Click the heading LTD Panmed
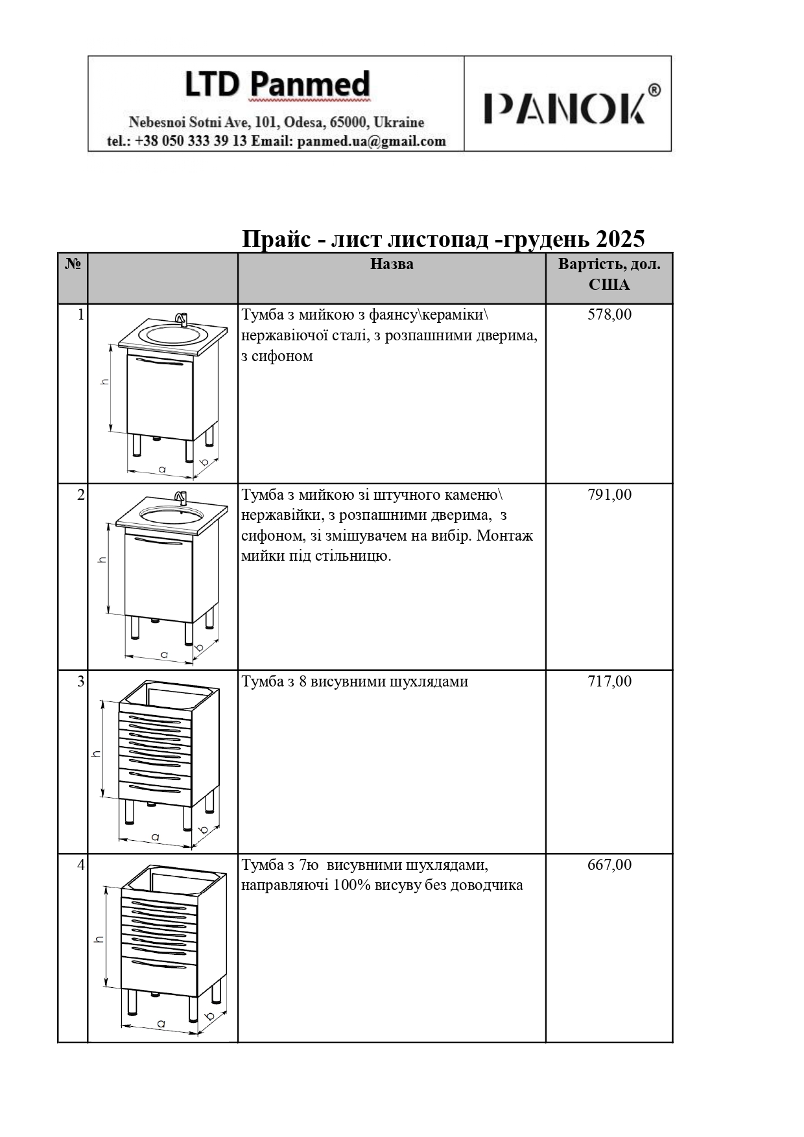pyautogui.click(x=277, y=85)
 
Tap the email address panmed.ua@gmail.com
pyautogui.click(x=372, y=141)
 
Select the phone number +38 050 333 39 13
pyautogui.click(x=191, y=141)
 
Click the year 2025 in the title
pyautogui.click(x=620, y=239)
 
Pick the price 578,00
pyautogui.click(x=609, y=315)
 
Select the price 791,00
pyautogui.click(x=609, y=495)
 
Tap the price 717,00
pyautogui.click(x=609, y=681)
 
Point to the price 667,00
pyautogui.click(x=609, y=865)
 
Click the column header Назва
pyautogui.click(x=392, y=264)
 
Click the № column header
pyautogui.click(x=73, y=264)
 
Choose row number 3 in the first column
pyautogui.click(x=80, y=681)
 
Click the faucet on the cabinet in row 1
pyautogui.click(x=181, y=319)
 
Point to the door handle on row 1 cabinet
pyautogui.click(x=159, y=364)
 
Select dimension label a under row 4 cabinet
pyautogui.click(x=160, y=1024)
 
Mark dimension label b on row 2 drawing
pyautogui.click(x=199, y=647)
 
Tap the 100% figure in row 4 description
pyautogui.click(x=352, y=885)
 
